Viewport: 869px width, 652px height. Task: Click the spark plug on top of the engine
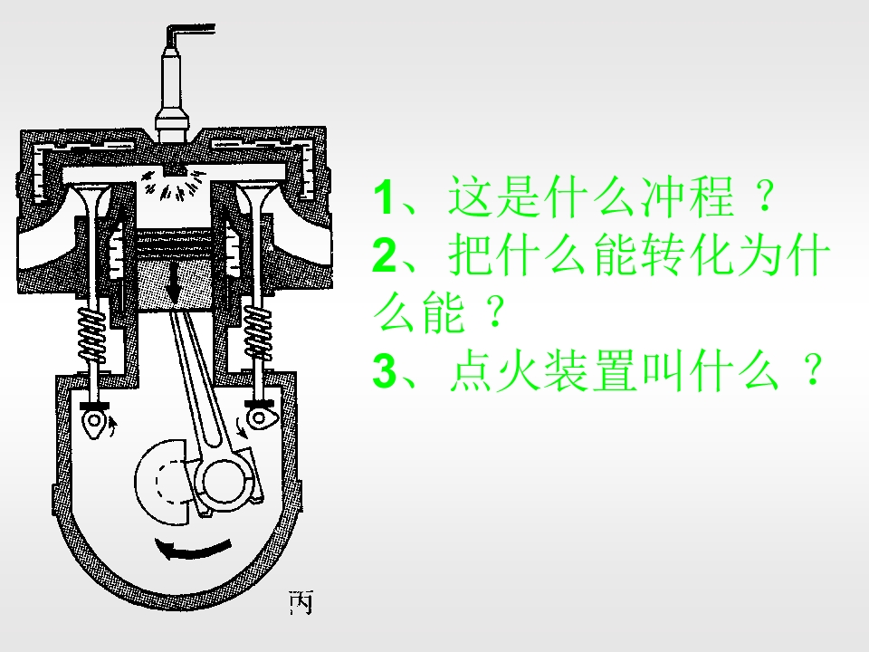pyautogui.click(x=172, y=94)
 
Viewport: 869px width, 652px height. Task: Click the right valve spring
pyautogui.click(x=258, y=331)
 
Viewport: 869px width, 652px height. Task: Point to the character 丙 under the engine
pyautogui.click(x=301, y=602)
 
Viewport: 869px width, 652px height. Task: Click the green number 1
pyautogui.click(x=384, y=197)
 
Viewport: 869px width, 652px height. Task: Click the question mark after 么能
pyautogui.click(x=495, y=312)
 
